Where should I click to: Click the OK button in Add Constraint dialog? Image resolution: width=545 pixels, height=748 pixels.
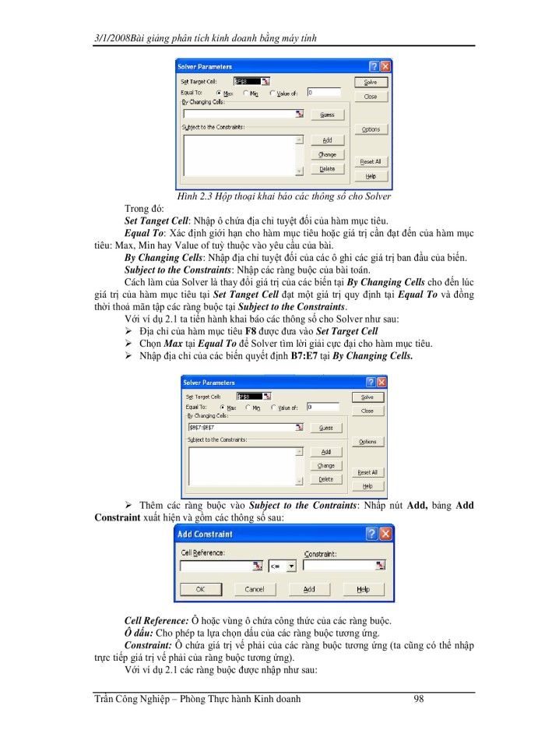[x=199, y=590]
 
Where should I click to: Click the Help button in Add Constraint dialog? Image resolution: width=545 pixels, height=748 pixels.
[x=363, y=590]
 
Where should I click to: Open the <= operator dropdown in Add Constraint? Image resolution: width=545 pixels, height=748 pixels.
[x=292, y=566]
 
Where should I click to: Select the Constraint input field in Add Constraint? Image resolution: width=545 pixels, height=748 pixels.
[x=339, y=566]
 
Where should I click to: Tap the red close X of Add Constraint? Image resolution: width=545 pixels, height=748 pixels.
[x=384, y=534]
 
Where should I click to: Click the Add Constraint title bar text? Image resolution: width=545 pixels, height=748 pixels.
[x=205, y=534]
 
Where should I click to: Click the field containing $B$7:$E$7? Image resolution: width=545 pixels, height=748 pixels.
[x=241, y=428]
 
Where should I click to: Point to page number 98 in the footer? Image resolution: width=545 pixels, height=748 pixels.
[x=419, y=699]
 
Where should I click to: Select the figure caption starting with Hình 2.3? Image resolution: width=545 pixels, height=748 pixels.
[x=283, y=196]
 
